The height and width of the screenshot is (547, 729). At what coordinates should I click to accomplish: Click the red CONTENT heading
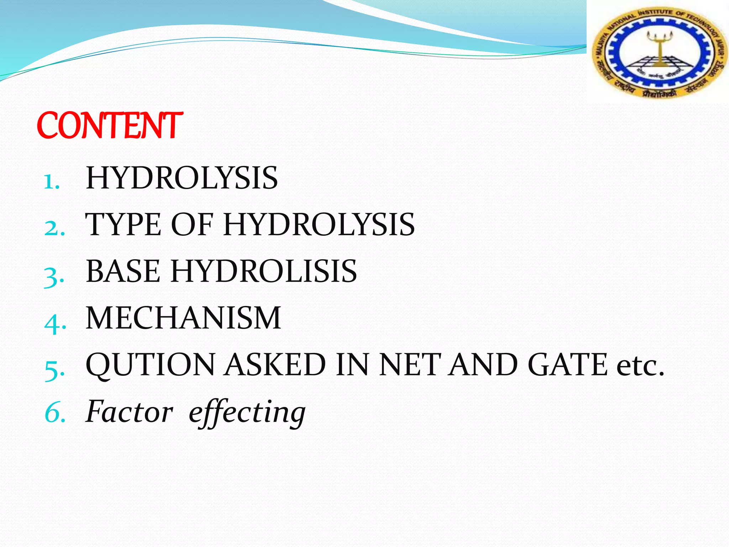(x=110, y=125)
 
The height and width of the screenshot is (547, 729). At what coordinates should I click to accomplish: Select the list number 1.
(x=52, y=182)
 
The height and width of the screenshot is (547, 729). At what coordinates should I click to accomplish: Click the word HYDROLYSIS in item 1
(x=182, y=178)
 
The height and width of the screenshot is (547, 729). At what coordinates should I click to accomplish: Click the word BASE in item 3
(x=123, y=271)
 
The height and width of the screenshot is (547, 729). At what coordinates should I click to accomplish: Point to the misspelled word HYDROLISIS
(x=264, y=271)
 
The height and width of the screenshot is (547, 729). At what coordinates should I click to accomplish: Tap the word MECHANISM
(x=183, y=318)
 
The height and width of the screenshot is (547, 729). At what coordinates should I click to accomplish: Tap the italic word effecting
(x=247, y=413)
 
